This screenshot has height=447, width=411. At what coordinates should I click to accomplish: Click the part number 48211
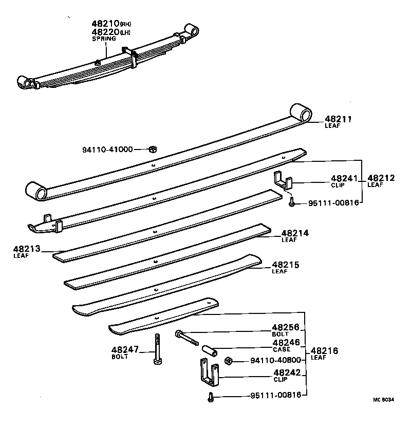coord(338,119)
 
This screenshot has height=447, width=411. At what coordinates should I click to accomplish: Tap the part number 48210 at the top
coord(105,24)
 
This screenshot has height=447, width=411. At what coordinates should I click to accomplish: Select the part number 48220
coord(105,32)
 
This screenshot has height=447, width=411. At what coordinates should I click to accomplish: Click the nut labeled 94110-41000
coord(153,149)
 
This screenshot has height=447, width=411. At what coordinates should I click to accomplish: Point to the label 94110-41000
coord(107,150)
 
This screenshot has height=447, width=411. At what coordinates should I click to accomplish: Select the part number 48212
coord(381,178)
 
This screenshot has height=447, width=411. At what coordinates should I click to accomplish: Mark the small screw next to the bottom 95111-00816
coord(210,397)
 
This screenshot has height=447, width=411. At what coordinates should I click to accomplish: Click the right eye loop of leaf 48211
coord(300,113)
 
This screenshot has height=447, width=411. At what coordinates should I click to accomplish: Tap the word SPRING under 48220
coord(104,39)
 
